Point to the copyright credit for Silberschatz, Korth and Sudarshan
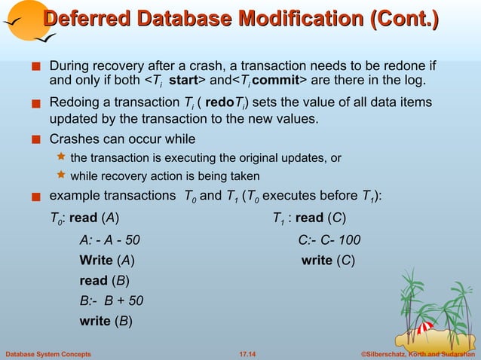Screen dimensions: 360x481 [415, 352]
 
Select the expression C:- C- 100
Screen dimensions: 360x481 [329, 240]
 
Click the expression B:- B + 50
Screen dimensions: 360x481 [112, 301]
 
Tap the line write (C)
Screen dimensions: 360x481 [328, 261]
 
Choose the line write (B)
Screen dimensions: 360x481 [106, 322]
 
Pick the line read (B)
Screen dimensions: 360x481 [104, 281]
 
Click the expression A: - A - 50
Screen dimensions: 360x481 [110, 240]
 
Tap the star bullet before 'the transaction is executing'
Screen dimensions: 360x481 [62, 157]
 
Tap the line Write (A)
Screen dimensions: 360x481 [108, 261]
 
